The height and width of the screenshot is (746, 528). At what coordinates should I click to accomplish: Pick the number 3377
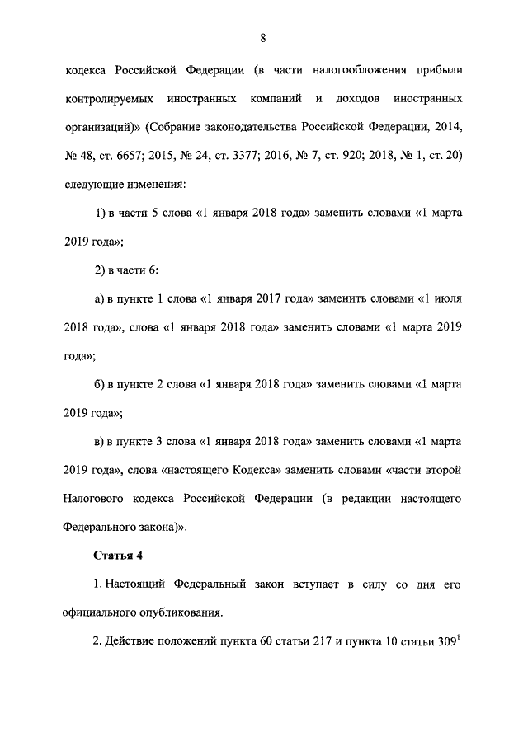(247, 156)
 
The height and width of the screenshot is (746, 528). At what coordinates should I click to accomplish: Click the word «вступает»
(310, 584)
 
